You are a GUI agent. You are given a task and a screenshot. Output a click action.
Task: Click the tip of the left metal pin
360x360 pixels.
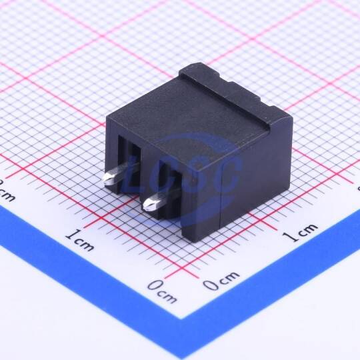(x=104, y=179)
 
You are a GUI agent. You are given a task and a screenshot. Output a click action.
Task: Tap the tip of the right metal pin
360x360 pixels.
(x=144, y=205)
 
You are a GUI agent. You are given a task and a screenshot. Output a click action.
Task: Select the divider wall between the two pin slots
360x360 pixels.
(x=149, y=175)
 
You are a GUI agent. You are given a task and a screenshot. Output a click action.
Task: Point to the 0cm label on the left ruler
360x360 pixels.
(x=162, y=291)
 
